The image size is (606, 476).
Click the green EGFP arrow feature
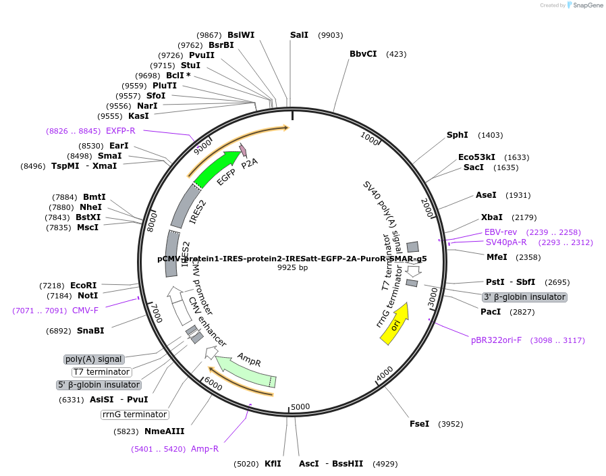pyautogui.click(x=217, y=169)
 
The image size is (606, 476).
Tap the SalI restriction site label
pyautogui.click(x=299, y=34)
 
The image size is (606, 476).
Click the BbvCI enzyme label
pyautogui.click(x=363, y=54)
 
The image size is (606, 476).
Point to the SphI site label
pyautogui.click(x=458, y=135)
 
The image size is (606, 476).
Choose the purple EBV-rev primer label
pyautogui.click(x=501, y=232)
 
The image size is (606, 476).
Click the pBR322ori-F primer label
pyautogui.click(x=496, y=340)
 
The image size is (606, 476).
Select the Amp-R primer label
pyautogui.click(x=204, y=448)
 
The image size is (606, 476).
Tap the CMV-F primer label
pyautogui.click(x=85, y=310)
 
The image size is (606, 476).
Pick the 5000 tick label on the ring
pyautogui.click(x=300, y=407)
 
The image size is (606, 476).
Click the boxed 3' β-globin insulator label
pyautogui.click(x=524, y=297)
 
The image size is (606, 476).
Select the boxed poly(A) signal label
pyautogui.click(x=94, y=359)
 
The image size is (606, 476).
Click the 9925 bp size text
pyautogui.click(x=292, y=268)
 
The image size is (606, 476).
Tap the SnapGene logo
pyautogui.click(x=586, y=5)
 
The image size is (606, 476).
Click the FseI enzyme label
pyautogui.click(x=419, y=424)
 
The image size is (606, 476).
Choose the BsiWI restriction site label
pyautogui.click(x=241, y=34)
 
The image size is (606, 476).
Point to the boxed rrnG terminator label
pyautogui.click(x=134, y=415)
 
